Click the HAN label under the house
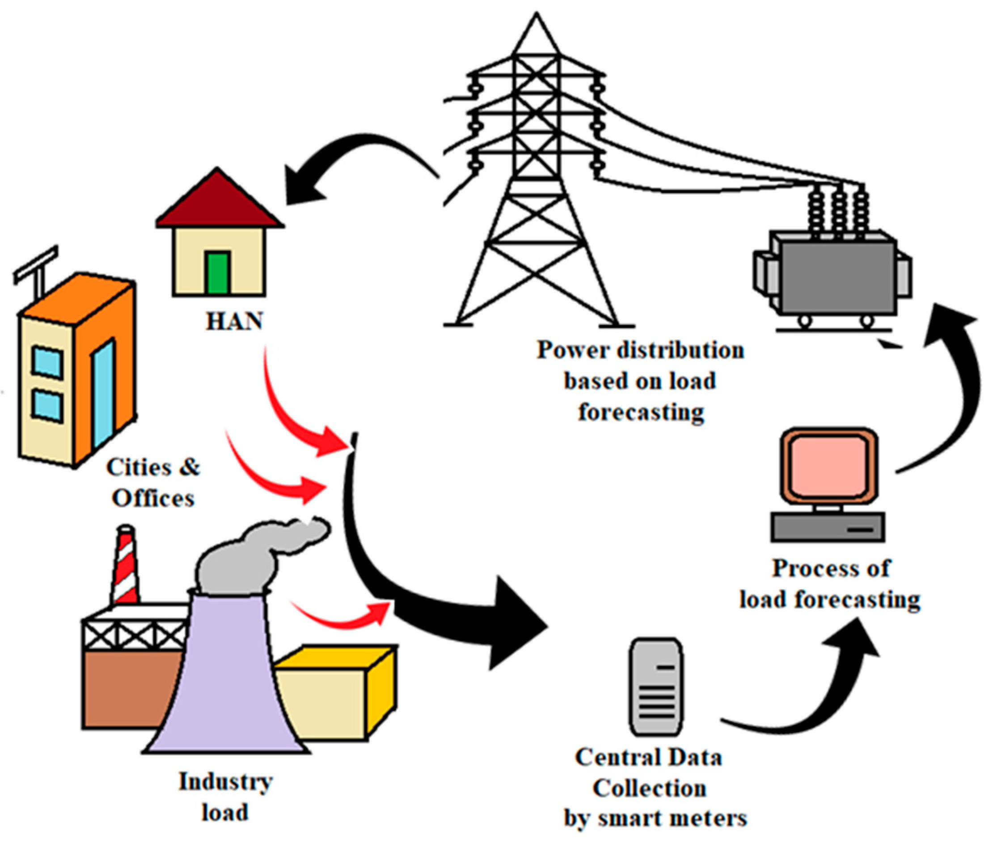tap(234, 321)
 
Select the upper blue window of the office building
tap(47, 362)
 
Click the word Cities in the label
tap(139, 467)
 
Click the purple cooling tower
tap(226, 683)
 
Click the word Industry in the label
tap(225, 781)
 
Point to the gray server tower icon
tap(656, 687)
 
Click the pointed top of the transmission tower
tap(537, 19)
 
